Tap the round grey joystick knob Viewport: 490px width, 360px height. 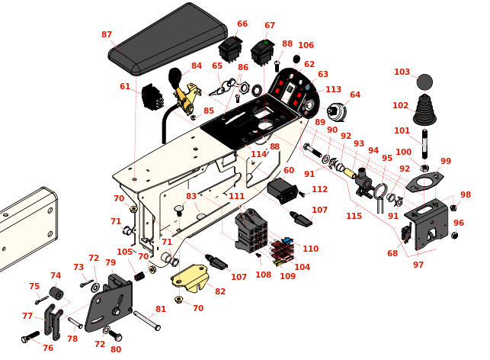424,82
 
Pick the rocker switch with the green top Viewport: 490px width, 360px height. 263,53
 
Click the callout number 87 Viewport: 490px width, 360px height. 107,35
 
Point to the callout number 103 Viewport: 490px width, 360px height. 402,72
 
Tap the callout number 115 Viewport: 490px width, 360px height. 354,216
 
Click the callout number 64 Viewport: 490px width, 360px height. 355,95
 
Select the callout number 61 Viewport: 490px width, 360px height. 125,87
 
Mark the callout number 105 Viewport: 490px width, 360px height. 125,252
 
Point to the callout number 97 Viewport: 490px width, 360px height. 418,265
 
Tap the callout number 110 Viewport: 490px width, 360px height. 310,249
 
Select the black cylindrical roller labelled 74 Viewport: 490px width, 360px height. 56,294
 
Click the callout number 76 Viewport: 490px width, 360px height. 48,348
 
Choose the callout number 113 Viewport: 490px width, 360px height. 333,89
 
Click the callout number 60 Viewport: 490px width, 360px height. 289,170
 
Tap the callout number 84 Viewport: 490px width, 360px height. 197,66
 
